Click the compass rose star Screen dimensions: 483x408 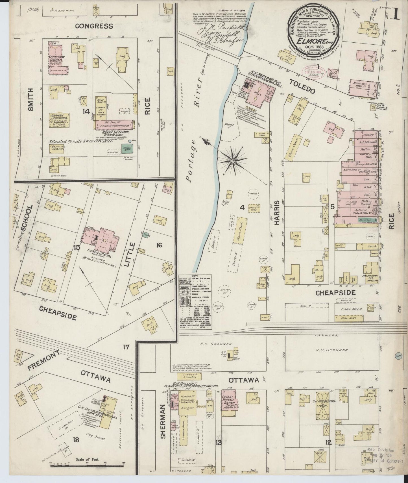[233, 161]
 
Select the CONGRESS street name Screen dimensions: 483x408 [94, 26]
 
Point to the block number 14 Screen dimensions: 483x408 [86, 112]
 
